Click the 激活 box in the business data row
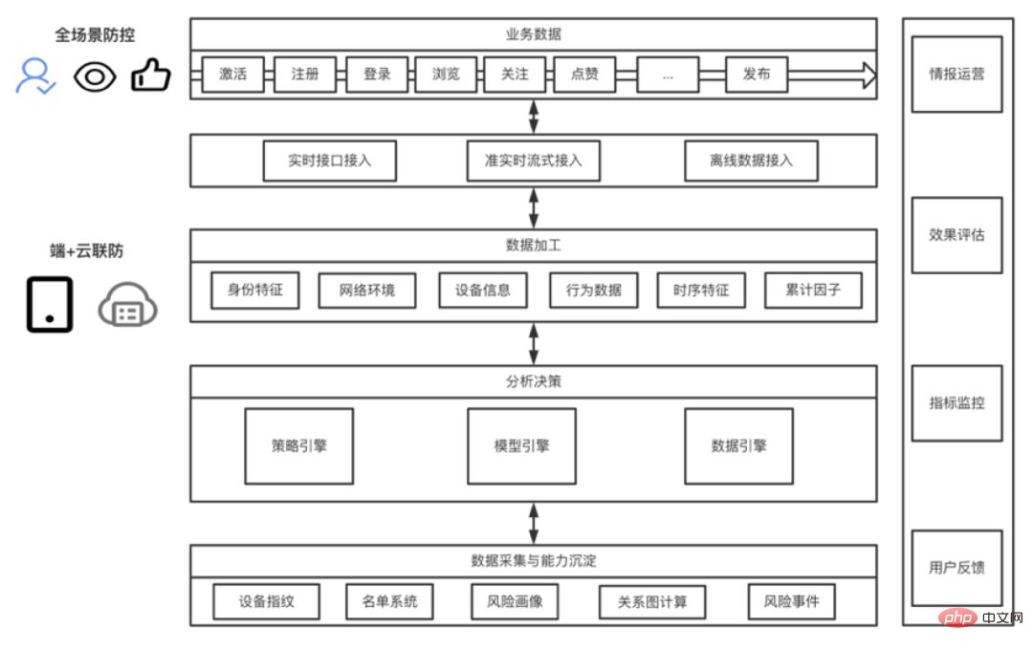point(232,75)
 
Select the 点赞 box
point(584,75)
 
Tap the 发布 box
point(757,75)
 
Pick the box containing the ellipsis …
point(668,75)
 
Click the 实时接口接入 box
point(330,161)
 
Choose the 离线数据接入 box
point(751,161)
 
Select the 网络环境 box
point(366,291)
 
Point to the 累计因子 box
point(813,291)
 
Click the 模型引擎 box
point(521,445)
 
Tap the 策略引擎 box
point(299,445)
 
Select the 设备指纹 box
point(267,602)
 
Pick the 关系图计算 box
point(653,602)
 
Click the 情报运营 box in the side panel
point(956,74)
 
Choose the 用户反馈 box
point(956,568)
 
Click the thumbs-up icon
point(150,76)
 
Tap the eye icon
point(94,76)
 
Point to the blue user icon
point(35,76)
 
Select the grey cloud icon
point(128,306)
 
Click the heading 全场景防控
point(95,35)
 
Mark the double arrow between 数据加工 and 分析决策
point(534,343)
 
